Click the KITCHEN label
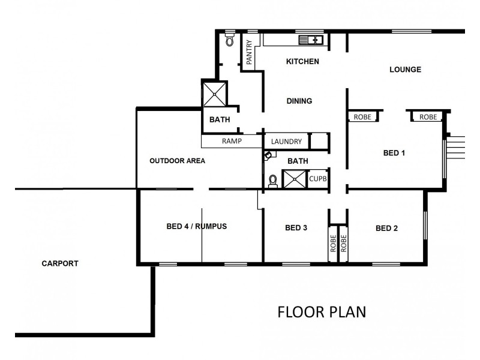[302, 62]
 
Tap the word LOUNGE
[405, 70]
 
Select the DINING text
[299, 101]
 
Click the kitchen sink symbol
[311, 40]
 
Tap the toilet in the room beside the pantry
[229, 40]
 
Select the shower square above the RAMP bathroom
[215, 94]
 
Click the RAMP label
[232, 142]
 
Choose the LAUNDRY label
[286, 142]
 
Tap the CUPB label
[317, 179]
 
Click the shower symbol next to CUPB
[295, 179]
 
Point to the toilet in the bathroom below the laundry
[273, 179]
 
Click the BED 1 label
[394, 153]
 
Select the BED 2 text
[387, 228]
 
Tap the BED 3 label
[296, 228]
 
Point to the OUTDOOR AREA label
[178, 161]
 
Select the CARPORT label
[60, 263]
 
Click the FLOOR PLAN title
[321, 312]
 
